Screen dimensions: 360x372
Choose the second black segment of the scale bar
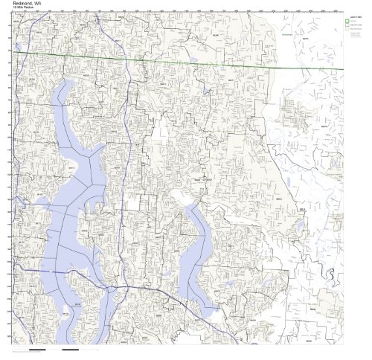tap(71, 348)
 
